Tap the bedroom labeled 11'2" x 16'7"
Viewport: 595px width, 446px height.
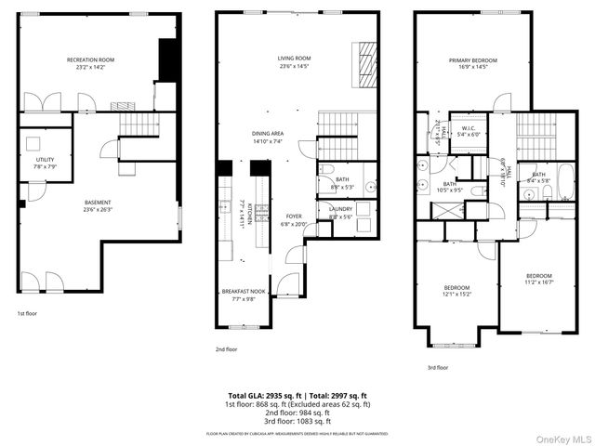click(x=539, y=279)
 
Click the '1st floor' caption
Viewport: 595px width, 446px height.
click(x=27, y=314)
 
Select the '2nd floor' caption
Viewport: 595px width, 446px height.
click(x=226, y=349)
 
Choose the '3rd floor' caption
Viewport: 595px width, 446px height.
click(x=437, y=367)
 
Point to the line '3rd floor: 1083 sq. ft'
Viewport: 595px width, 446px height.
click(x=297, y=420)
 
